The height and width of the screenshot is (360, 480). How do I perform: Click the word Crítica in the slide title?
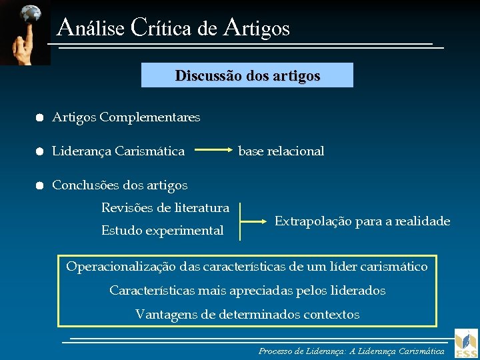pyautogui.click(x=163, y=28)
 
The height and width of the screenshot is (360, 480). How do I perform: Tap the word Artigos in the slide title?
pyautogui.click(x=257, y=28)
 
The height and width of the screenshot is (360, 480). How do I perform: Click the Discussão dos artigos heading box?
pyautogui.click(x=247, y=75)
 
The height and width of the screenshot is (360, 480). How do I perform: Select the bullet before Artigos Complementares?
pyautogui.click(x=40, y=117)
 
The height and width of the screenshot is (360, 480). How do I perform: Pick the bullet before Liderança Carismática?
pyautogui.click(x=40, y=151)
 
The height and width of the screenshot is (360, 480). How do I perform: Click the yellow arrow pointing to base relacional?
pyautogui.click(x=215, y=151)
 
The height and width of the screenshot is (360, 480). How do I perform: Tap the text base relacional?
pyautogui.click(x=281, y=151)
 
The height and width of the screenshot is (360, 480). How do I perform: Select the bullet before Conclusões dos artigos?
pyautogui.click(x=40, y=185)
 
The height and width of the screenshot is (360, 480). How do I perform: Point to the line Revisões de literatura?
pyautogui.click(x=165, y=208)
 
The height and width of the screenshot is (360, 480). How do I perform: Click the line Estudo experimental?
pyautogui.click(x=162, y=231)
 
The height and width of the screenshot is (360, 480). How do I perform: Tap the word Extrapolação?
pyautogui.click(x=312, y=221)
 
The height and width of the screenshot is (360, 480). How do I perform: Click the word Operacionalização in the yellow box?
pyautogui.click(x=121, y=267)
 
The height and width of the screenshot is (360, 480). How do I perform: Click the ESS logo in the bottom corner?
pyautogui.click(x=466, y=343)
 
